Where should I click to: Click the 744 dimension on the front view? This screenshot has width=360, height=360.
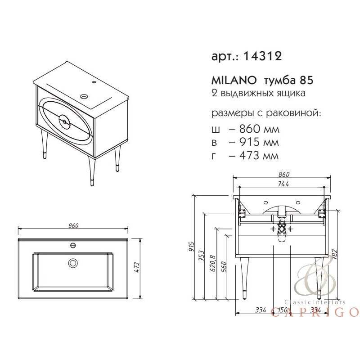click(283, 183)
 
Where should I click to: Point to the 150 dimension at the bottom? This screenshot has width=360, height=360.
click(282, 310)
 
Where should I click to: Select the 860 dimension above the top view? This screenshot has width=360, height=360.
click(74, 226)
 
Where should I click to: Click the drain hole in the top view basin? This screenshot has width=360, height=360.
click(72, 263)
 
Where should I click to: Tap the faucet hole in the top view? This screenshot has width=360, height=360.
click(72, 246)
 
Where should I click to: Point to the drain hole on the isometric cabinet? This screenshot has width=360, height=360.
click(84, 96)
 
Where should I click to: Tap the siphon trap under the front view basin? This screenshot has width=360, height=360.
click(282, 229)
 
